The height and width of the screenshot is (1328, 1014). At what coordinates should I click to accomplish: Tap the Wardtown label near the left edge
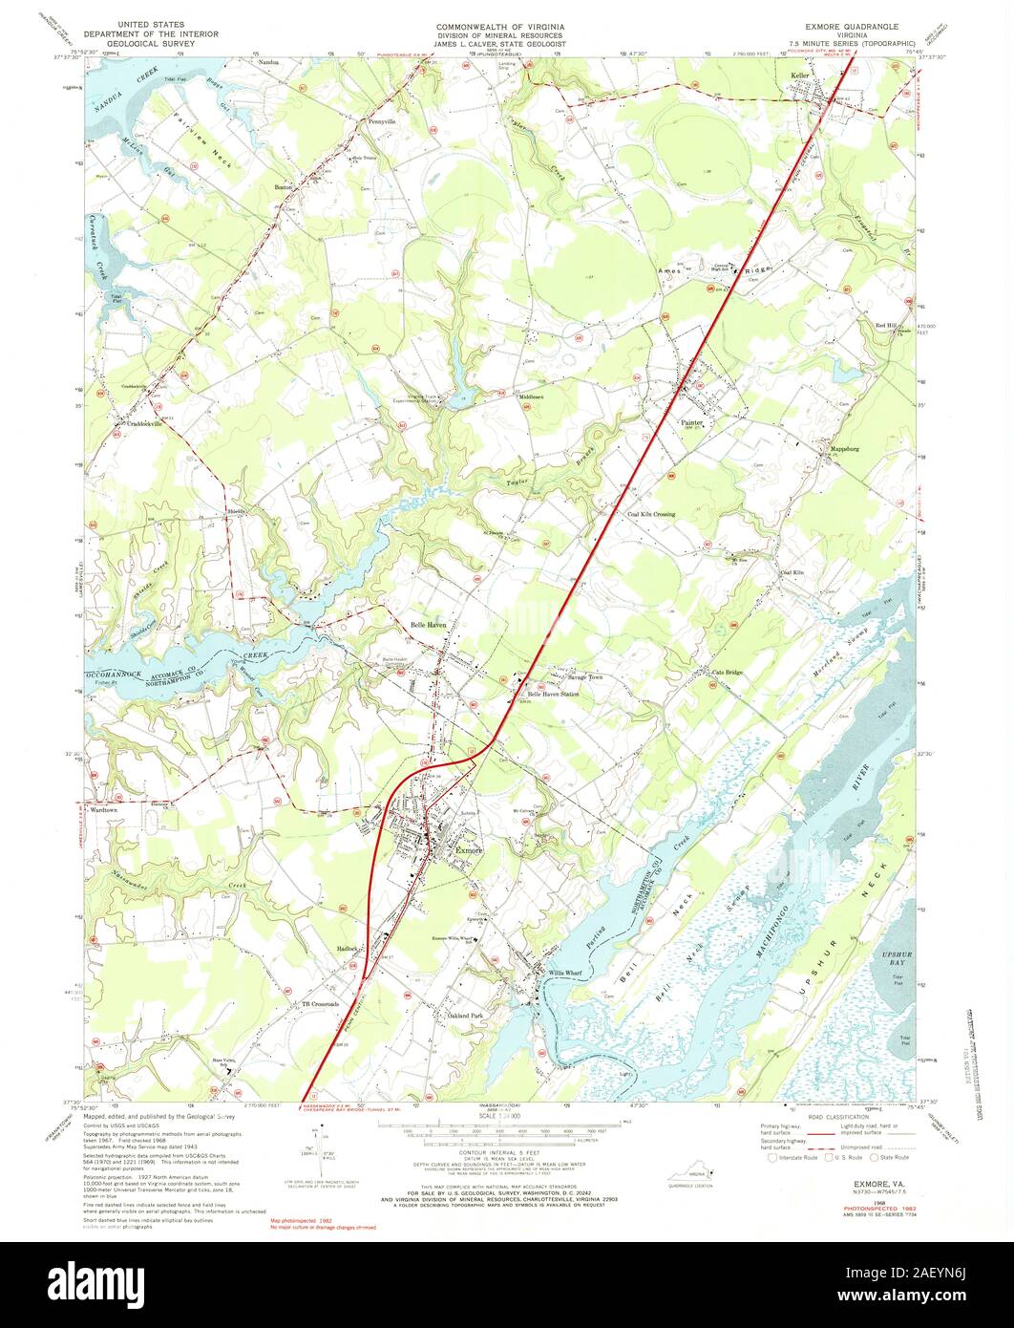[x=102, y=809]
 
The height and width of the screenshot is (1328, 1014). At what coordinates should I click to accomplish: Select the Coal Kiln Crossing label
[x=651, y=514]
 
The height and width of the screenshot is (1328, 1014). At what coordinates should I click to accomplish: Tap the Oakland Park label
[x=466, y=1015]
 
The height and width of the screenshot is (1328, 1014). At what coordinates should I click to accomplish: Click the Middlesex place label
[x=530, y=396]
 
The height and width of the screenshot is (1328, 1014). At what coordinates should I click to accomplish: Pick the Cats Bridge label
[x=727, y=673]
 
